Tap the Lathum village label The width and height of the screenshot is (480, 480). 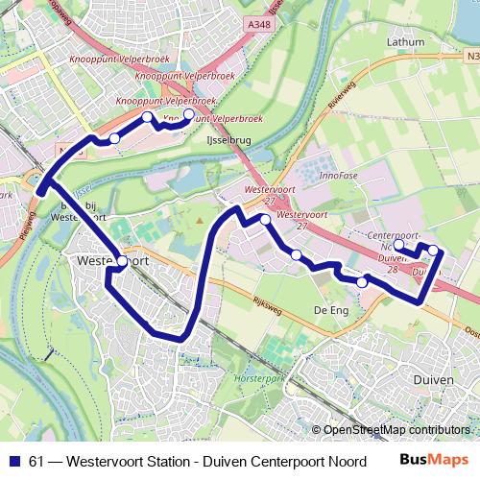[405, 42]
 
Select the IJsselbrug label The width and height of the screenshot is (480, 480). [228, 139]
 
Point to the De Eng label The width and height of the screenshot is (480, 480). [329, 311]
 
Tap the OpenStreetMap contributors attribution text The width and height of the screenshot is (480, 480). [396, 430]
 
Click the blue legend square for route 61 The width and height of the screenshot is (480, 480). [13, 460]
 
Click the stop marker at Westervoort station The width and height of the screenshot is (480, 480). [122, 261]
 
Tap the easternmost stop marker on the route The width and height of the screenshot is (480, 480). [433, 251]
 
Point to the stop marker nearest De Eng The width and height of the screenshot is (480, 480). [362, 282]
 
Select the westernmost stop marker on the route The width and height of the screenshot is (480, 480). [114, 139]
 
